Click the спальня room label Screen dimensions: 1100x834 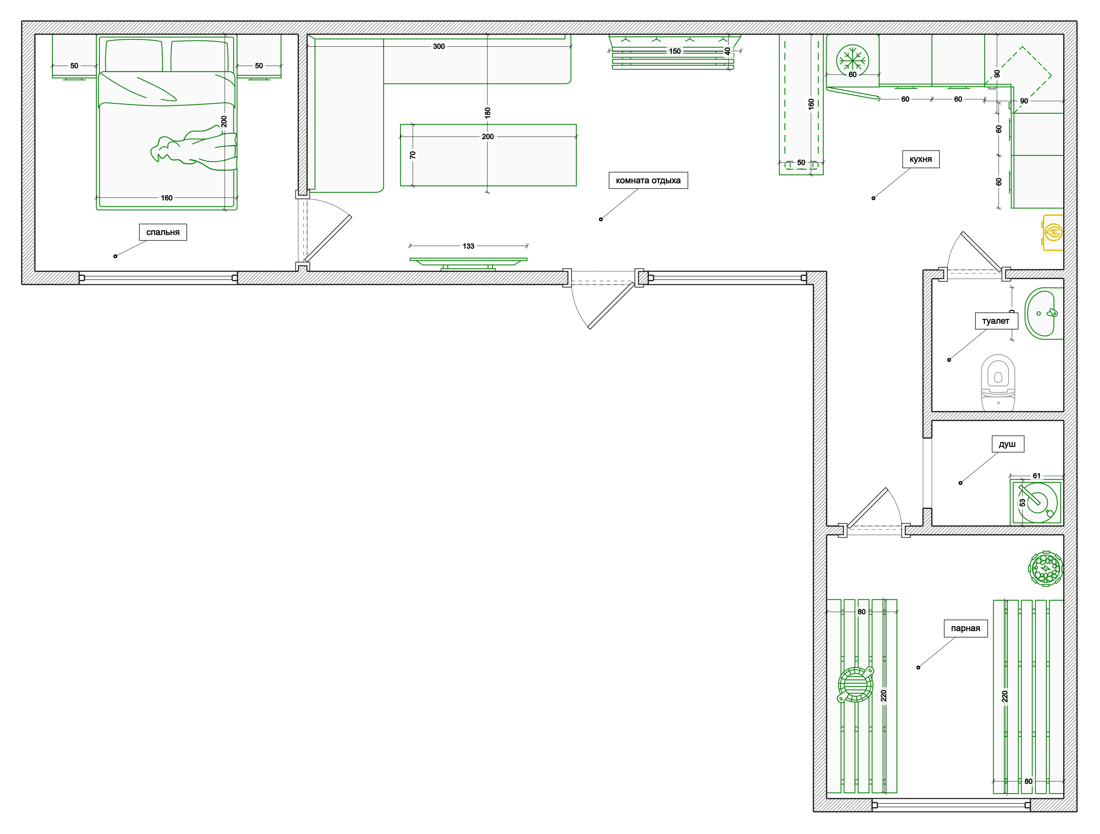(163, 232)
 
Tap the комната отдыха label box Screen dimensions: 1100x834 (648, 180)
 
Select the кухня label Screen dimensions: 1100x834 (920, 159)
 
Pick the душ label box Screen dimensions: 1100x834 (1007, 444)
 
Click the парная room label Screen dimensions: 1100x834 (965, 628)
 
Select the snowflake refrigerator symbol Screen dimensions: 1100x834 (852, 60)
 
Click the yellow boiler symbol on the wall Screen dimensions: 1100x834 (1053, 232)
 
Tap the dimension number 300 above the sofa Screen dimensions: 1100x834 (438, 46)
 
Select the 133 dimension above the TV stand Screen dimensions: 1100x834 (468, 246)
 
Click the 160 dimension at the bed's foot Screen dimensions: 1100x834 (167, 198)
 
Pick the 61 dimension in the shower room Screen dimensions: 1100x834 (1036, 476)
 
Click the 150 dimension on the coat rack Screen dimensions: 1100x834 (675, 51)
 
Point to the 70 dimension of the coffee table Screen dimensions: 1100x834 (412, 155)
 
